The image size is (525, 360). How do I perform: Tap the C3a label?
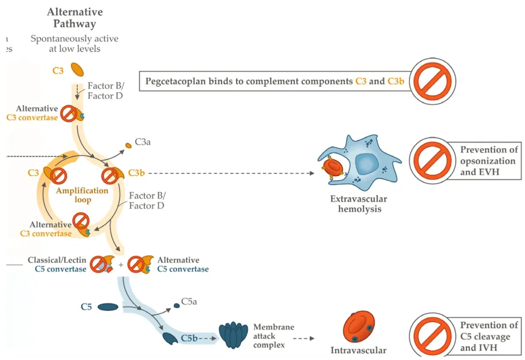(143, 141)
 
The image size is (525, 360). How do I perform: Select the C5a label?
(189, 302)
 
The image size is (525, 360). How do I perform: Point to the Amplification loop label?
(82, 195)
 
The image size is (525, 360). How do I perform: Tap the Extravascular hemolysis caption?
(358, 204)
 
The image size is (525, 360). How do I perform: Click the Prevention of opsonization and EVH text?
(487, 161)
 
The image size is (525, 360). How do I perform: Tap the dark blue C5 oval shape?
(108, 307)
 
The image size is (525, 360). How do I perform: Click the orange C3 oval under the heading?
(77, 70)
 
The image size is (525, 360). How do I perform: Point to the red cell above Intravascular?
(358, 327)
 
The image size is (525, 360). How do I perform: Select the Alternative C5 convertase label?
(183, 264)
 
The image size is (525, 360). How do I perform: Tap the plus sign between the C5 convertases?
(121, 264)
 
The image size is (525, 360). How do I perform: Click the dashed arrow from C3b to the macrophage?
(229, 173)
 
